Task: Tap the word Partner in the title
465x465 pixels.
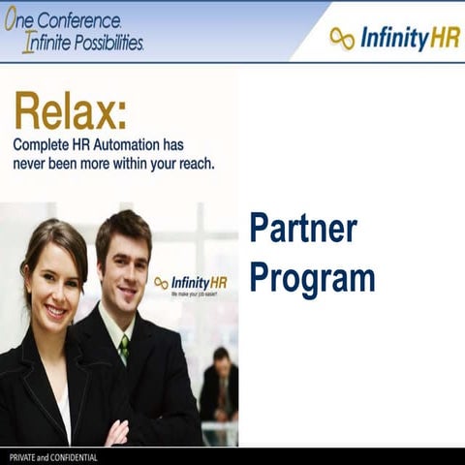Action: (x=303, y=229)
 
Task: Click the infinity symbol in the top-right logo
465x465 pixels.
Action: (x=342, y=38)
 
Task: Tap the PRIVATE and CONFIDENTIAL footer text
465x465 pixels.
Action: (x=47, y=456)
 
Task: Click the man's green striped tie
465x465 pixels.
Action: (x=123, y=348)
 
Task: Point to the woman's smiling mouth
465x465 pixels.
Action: (x=56, y=312)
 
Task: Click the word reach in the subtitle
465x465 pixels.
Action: (x=191, y=163)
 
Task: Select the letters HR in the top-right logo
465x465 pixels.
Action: (x=442, y=38)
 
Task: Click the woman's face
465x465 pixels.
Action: (x=54, y=286)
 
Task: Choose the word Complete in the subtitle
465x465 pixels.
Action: (x=45, y=143)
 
